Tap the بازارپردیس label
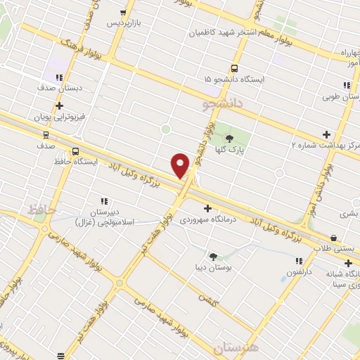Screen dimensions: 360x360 (124, 23)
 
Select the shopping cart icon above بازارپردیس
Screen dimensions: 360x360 (124, 12)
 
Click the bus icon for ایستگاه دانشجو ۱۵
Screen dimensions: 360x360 (234, 69)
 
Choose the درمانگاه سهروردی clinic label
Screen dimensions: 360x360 (207, 219)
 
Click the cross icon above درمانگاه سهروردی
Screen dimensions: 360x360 (207, 208)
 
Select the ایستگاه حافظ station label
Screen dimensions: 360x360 (75, 162)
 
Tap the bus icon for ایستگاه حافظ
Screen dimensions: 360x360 (75, 150)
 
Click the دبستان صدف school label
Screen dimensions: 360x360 (60, 89)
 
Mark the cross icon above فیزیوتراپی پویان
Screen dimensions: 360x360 (59, 105)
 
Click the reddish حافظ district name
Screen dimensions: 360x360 (41, 209)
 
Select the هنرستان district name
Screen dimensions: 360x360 (236, 347)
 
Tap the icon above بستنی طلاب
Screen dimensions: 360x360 (333, 237)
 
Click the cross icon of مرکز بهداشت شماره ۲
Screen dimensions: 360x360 (326, 134)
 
